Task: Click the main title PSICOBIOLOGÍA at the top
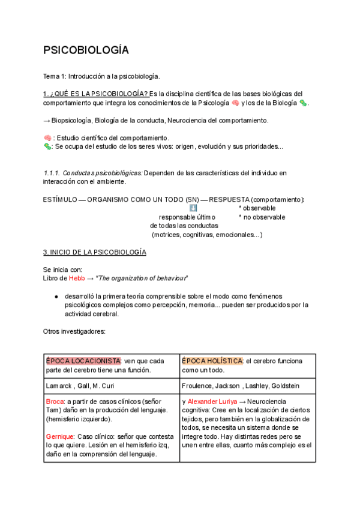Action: (86, 50)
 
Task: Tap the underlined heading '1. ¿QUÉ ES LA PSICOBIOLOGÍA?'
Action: (95, 94)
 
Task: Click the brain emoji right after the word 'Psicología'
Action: (235, 103)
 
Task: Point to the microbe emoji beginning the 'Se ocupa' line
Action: (47, 146)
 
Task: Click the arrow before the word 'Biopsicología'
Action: (47, 121)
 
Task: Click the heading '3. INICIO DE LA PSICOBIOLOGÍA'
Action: (94, 252)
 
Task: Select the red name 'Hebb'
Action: (76, 279)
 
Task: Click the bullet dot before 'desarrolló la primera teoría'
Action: (56, 297)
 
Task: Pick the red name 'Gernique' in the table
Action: (60, 436)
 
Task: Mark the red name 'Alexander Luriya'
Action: (212, 401)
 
